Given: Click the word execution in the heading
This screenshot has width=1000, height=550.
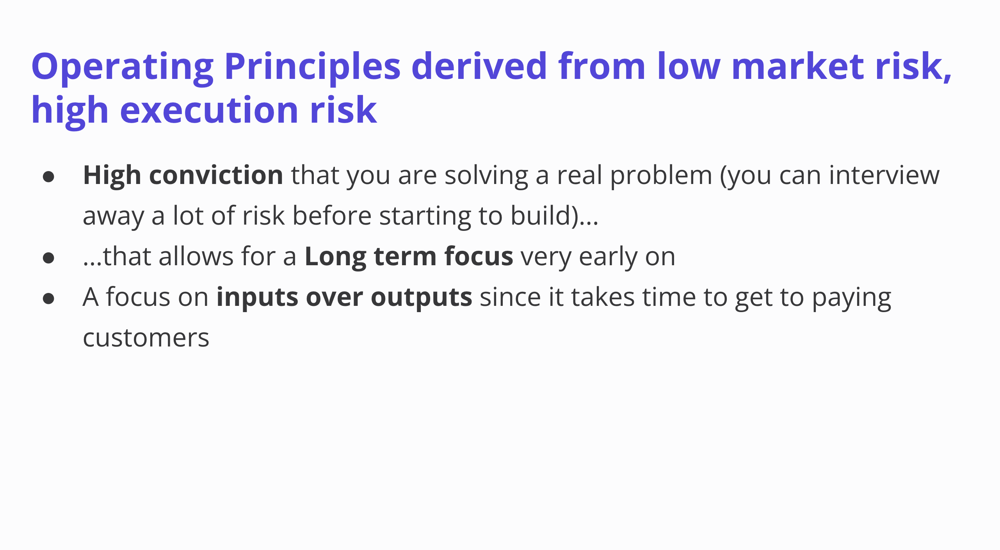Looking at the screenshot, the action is point(210,111).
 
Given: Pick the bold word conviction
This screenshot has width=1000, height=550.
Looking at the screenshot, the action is point(216,175).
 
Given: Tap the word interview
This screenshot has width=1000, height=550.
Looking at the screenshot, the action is point(884,175).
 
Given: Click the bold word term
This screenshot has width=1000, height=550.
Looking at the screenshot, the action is point(405,257).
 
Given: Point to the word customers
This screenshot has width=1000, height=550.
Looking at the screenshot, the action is point(146,338).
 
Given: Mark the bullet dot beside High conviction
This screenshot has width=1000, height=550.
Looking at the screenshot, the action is point(48,177).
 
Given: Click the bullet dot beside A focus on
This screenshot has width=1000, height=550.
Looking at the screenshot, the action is point(48,298).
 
